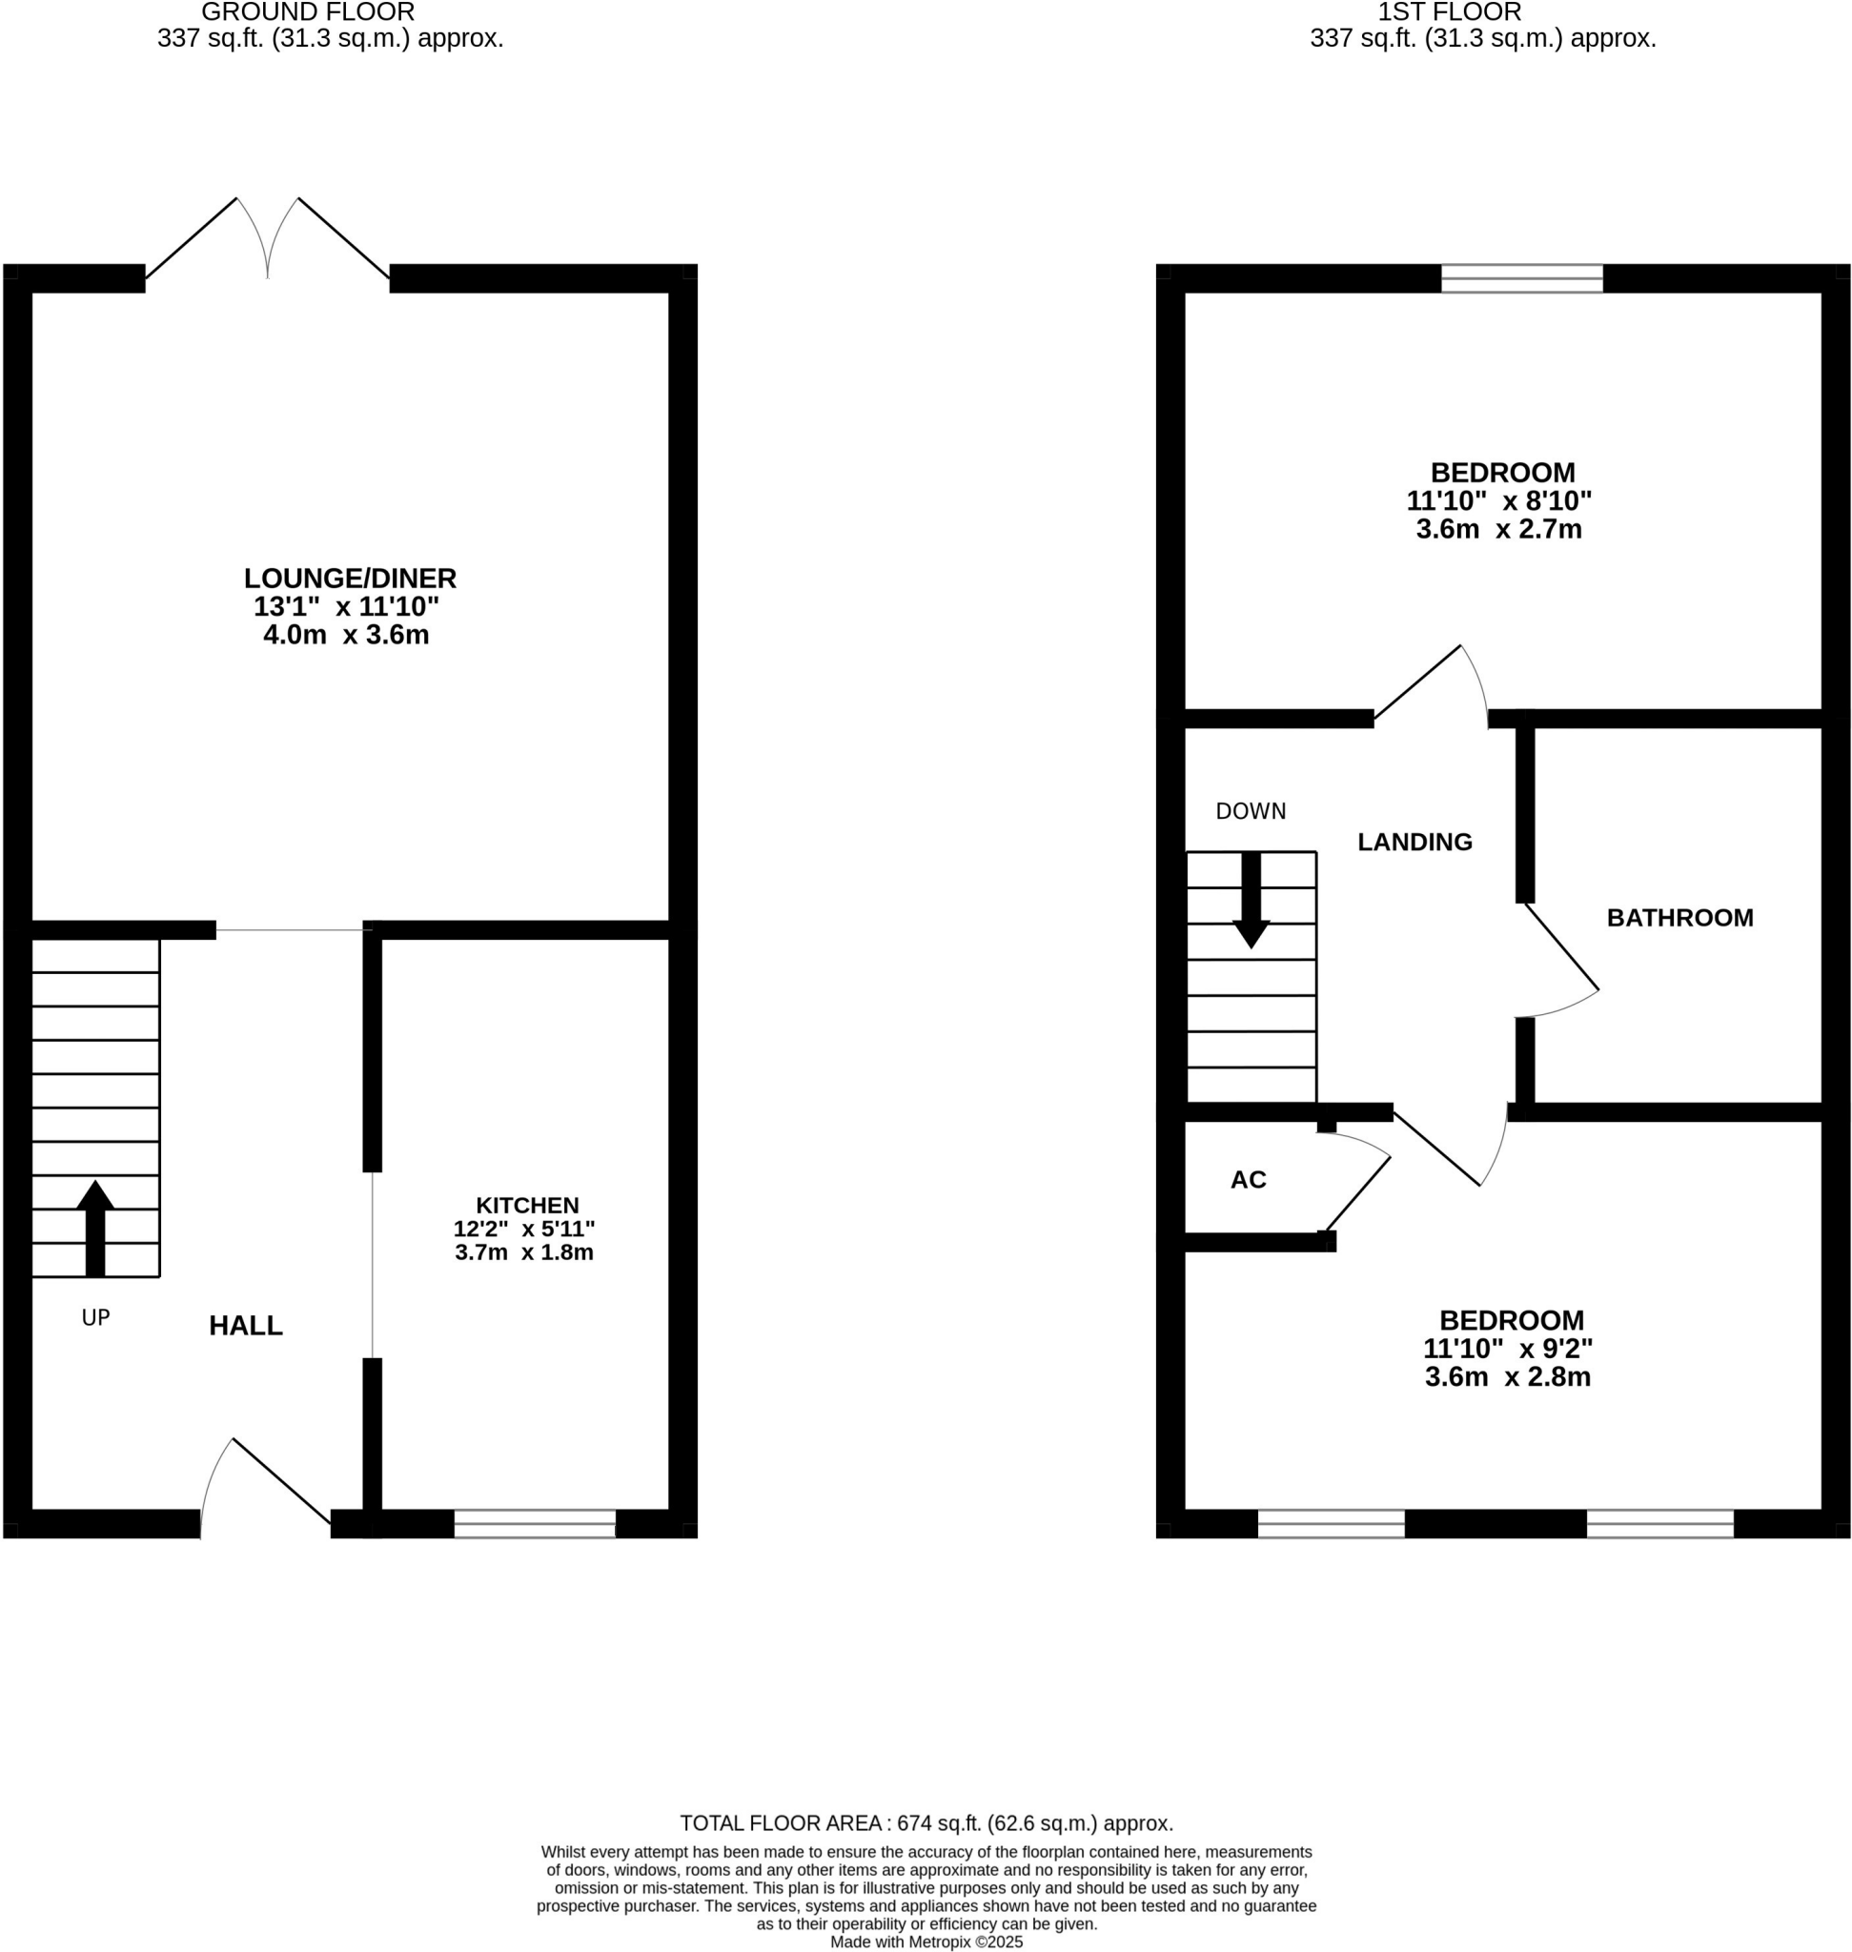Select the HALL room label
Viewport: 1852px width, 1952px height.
coord(246,1325)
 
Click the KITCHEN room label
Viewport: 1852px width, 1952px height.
coord(527,1205)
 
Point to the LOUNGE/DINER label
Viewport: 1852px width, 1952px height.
coord(350,578)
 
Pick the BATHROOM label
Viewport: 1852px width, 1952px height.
coord(1679,917)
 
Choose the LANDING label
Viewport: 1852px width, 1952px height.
coord(1414,842)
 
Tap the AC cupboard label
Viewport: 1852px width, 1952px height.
coord(1248,1179)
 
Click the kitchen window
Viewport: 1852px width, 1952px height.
coord(534,1523)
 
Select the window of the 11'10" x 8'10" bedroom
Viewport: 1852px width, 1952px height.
coord(1521,278)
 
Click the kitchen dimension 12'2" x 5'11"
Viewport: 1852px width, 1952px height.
coord(523,1230)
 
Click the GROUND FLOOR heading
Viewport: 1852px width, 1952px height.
coord(308,12)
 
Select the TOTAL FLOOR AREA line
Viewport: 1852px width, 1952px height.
coord(926,1822)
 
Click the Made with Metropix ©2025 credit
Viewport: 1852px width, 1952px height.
coord(926,1942)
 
